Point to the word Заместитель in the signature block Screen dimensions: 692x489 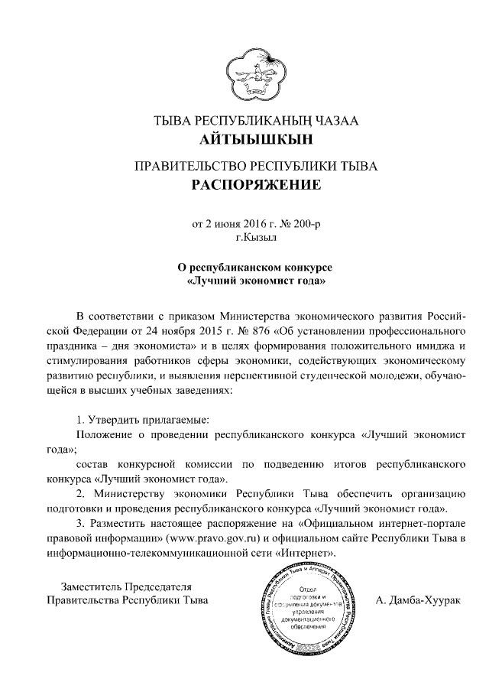(x=90, y=586)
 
